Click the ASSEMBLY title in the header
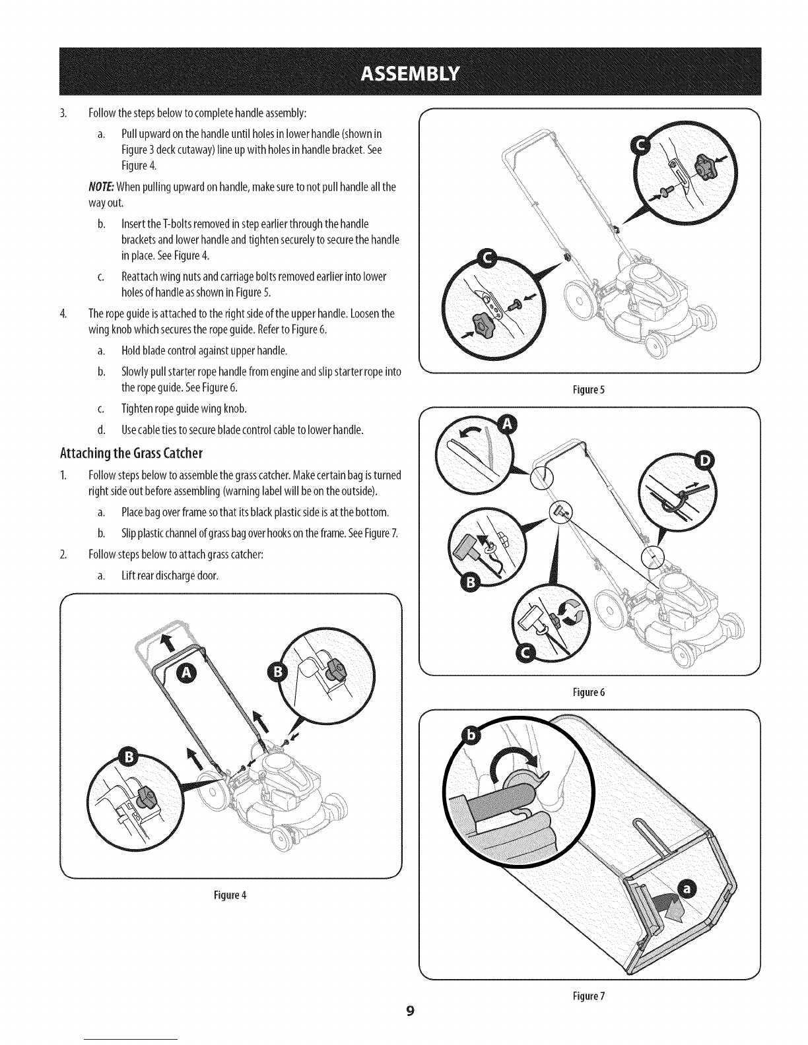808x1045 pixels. [x=410, y=74]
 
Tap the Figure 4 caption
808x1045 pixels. [x=230, y=895]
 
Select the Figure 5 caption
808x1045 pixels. [x=589, y=390]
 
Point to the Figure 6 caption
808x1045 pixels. [x=589, y=693]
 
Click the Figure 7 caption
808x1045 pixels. [x=589, y=996]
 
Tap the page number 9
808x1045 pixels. [x=410, y=1011]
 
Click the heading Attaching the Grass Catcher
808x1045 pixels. [x=131, y=453]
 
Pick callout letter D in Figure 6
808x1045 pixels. [x=704, y=461]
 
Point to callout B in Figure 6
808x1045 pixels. [x=471, y=583]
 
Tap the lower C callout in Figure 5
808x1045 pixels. [x=487, y=260]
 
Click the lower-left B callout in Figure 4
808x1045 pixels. [x=129, y=757]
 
